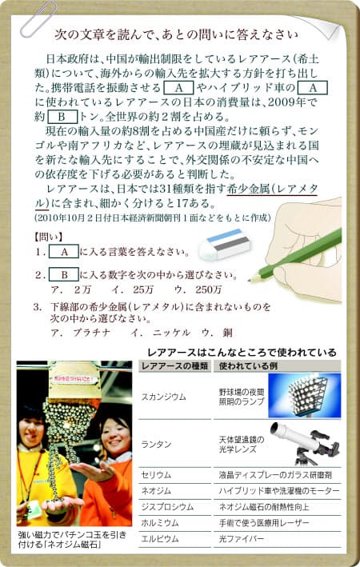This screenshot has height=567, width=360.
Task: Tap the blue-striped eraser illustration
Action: pyautogui.click(x=224, y=243)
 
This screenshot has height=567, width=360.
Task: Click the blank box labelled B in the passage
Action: pyautogui.click(x=62, y=117)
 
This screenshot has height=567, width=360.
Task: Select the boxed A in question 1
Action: pyautogui.click(x=64, y=252)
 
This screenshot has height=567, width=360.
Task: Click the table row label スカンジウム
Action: pyautogui.click(x=163, y=397)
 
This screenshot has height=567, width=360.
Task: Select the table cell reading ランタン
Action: pyautogui.click(x=156, y=445)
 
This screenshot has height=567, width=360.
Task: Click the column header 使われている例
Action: pyautogui.click(x=248, y=366)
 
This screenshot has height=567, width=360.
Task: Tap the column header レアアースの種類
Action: pyautogui.click(x=174, y=366)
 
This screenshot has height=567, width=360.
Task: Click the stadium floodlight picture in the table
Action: pyautogui.click(x=304, y=396)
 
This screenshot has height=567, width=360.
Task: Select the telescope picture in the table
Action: pyautogui.click(x=305, y=443)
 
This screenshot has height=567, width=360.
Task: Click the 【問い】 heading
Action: pyautogui.click(x=49, y=237)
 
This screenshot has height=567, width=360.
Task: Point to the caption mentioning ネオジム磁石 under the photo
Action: pyautogui.click(x=72, y=539)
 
